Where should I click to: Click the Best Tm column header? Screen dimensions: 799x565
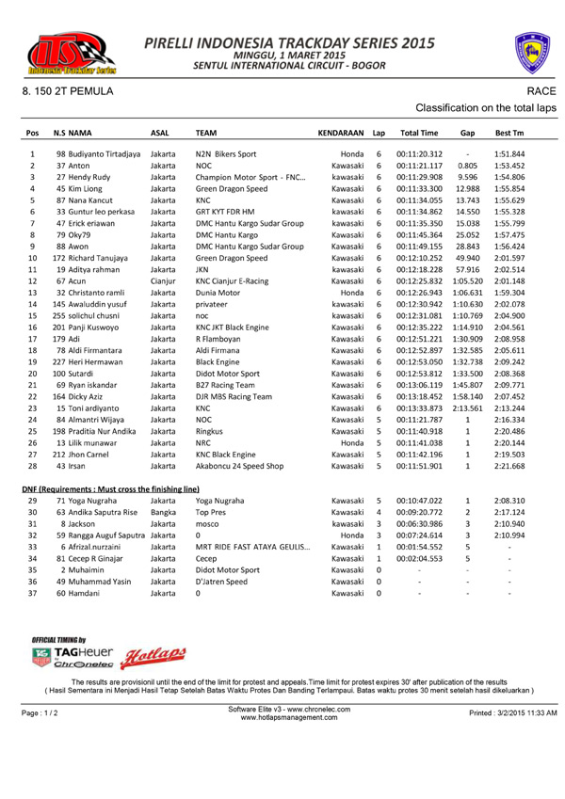(x=509, y=134)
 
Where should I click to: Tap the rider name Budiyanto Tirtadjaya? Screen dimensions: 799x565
(x=105, y=153)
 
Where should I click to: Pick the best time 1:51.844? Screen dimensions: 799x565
(x=509, y=153)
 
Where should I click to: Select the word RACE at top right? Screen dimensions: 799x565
(x=541, y=90)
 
